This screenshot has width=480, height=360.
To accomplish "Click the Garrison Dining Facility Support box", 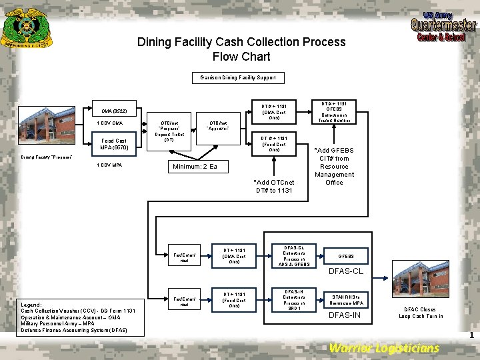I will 238,77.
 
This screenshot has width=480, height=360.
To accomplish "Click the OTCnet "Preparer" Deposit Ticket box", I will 169,131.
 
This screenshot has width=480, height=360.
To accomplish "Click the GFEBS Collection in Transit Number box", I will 339,112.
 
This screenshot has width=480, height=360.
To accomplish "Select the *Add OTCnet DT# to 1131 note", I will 275,186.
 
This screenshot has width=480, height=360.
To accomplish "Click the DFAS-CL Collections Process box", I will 294,256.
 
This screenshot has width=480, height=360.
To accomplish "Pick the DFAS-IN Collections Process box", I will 294,300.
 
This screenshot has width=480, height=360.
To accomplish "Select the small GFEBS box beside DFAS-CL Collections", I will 346,256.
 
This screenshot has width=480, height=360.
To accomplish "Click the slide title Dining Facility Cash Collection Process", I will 241,49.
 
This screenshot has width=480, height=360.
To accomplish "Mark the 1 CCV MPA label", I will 109,165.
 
